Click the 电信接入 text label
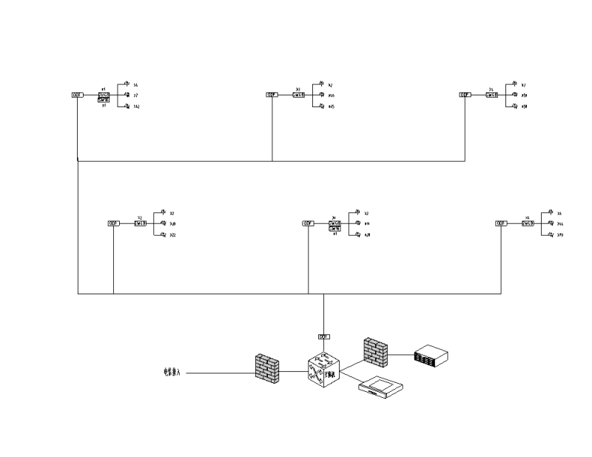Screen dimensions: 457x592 point(172,372)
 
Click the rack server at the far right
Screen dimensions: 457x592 point(431,355)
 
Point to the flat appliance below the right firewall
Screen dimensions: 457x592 point(380,388)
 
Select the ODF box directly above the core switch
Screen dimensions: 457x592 point(323,336)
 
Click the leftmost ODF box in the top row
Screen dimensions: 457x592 point(77,95)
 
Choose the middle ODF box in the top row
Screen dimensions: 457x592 point(272,95)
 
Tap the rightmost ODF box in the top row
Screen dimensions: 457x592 point(465,95)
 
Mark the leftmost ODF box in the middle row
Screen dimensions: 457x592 point(113,223)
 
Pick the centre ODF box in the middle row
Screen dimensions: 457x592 point(308,223)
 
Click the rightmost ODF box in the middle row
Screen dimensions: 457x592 point(501,223)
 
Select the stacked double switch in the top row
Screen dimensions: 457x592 point(104,97)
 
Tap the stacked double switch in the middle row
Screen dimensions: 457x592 point(334,225)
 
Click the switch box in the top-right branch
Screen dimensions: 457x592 point(492,95)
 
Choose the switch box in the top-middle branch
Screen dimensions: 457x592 point(299,95)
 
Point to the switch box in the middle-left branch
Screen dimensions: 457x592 point(141,223)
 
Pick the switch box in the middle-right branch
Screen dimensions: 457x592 point(528,223)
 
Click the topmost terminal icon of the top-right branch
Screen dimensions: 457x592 point(515,84)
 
